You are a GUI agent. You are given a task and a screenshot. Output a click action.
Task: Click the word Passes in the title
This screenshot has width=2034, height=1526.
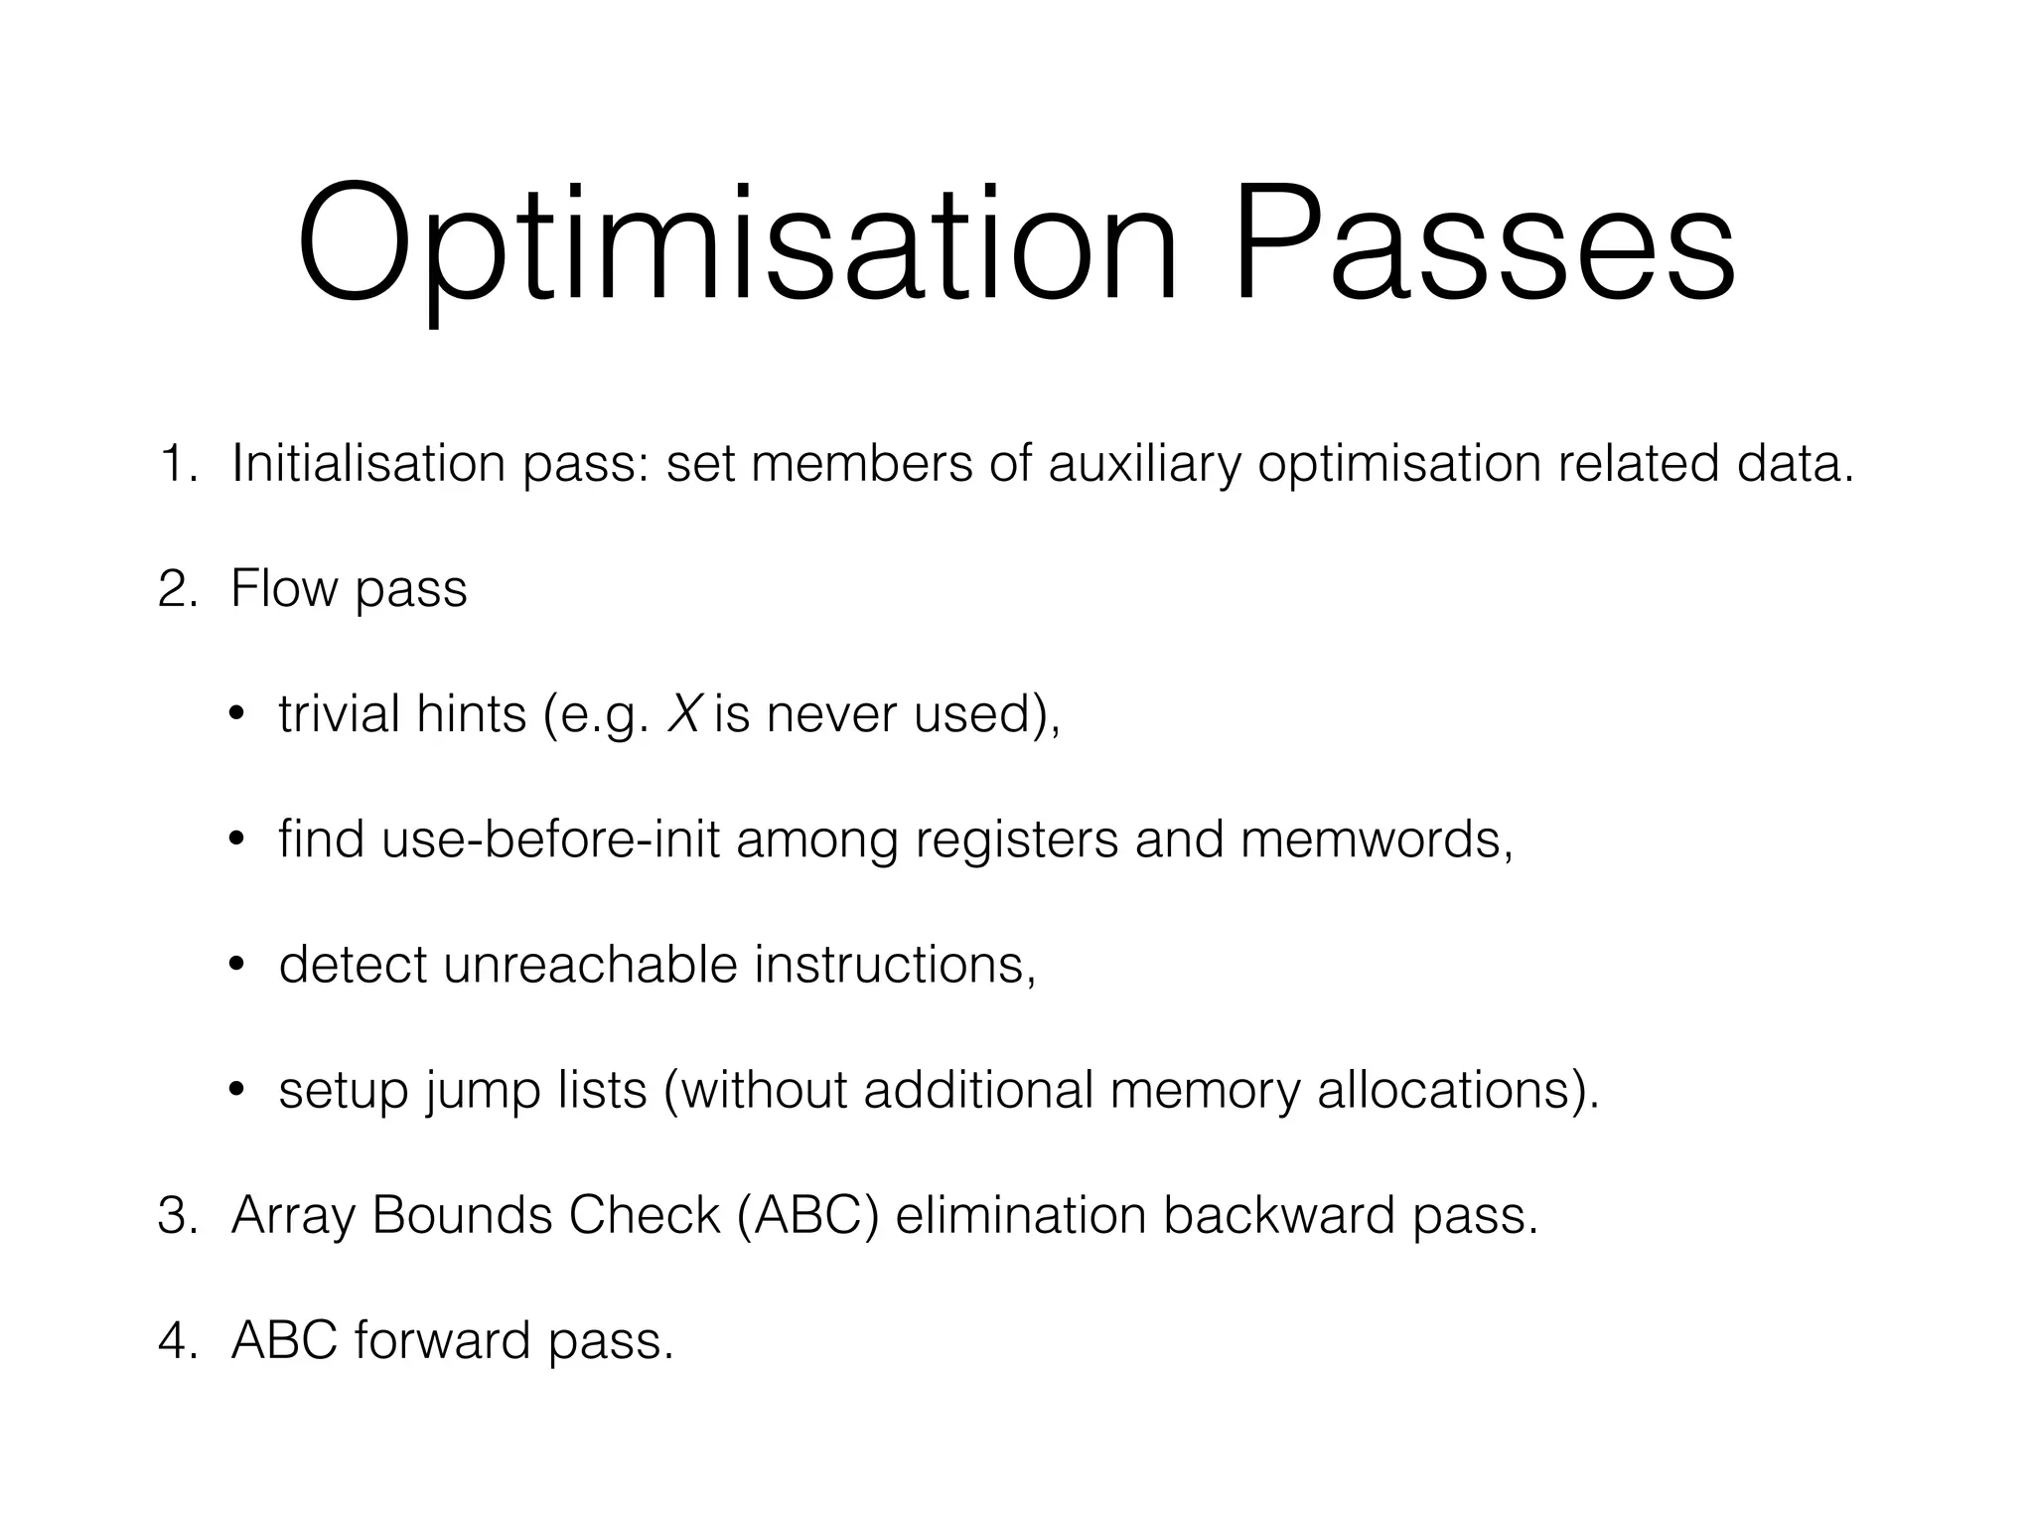[x=1484, y=243]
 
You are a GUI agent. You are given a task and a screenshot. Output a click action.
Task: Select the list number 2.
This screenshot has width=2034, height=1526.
[x=178, y=589]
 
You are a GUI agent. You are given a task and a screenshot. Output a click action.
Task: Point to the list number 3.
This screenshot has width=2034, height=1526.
[x=178, y=1215]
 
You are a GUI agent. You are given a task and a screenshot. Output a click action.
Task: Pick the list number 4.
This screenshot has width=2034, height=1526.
[x=178, y=1340]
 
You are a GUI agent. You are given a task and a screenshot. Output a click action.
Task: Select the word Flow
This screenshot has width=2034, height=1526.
[x=284, y=589]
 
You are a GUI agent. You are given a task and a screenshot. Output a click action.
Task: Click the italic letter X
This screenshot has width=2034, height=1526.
[x=683, y=714]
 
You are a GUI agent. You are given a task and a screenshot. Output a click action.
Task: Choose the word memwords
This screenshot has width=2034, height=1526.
[x=1376, y=839]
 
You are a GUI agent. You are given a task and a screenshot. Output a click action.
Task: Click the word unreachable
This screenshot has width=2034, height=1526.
[x=590, y=965]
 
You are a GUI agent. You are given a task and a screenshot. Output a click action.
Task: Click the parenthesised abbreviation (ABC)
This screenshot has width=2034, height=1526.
[x=808, y=1215]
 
